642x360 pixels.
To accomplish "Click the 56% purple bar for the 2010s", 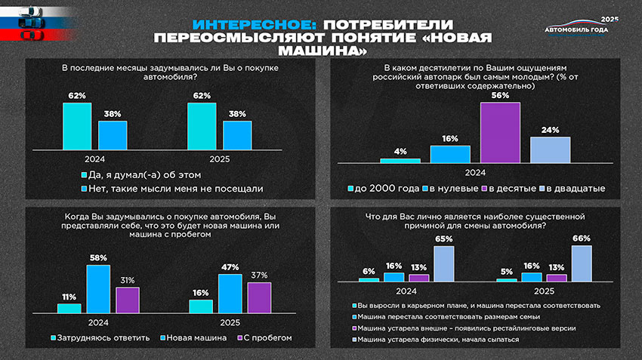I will pyautogui.click(x=500, y=133).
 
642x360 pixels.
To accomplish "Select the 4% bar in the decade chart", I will pyautogui.click(x=400, y=161).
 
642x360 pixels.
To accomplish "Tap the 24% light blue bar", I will pyautogui.click(x=550, y=149).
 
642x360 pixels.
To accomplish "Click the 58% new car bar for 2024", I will pyautogui.click(x=98, y=288).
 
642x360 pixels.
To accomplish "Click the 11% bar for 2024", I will pyautogui.click(x=69, y=308).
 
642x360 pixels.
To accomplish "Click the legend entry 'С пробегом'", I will pyautogui.click(x=264, y=337).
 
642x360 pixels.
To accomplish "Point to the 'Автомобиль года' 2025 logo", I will pyautogui.click(x=582, y=28).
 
